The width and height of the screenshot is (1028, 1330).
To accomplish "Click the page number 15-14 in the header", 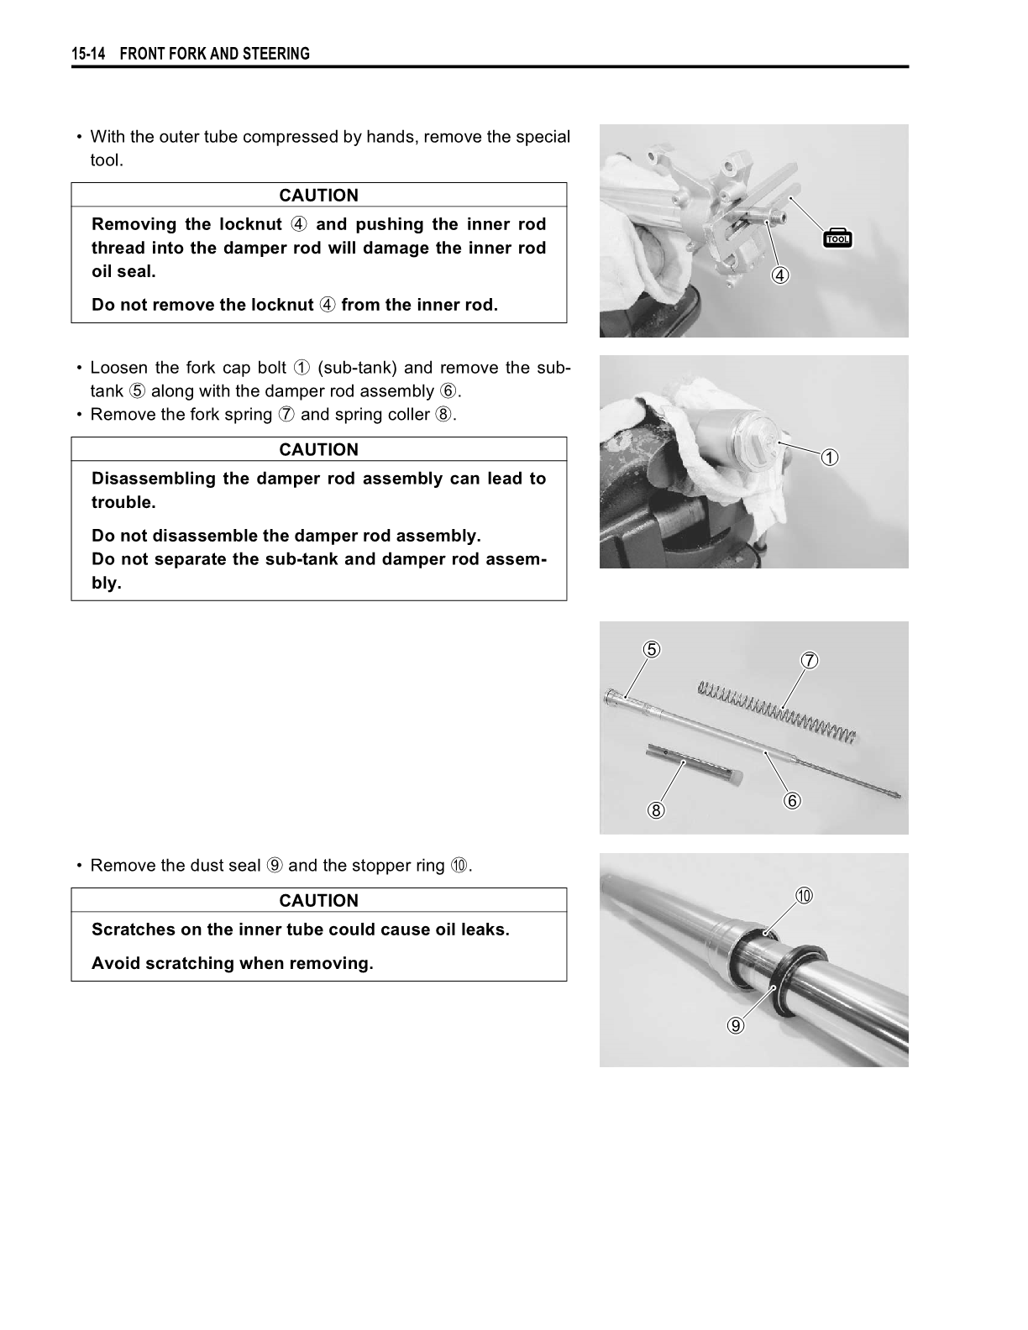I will pyautogui.click(x=88, y=55).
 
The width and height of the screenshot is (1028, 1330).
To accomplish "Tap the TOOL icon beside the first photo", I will pyautogui.click(x=838, y=238).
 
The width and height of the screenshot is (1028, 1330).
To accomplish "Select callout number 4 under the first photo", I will pyautogui.click(x=781, y=275).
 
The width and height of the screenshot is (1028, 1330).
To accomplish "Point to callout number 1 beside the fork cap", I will pyautogui.click(x=829, y=458).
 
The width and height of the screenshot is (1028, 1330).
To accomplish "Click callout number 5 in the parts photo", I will pyautogui.click(x=652, y=649).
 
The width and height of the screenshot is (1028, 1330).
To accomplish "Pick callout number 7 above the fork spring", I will pyautogui.click(x=809, y=661).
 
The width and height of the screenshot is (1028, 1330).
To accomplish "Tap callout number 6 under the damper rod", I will pyautogui.click(x=792, y=800).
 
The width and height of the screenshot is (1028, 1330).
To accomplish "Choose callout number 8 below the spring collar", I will pyautogui.click(x=656, y=810).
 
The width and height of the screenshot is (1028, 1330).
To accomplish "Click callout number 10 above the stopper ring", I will pyautogui.click(x=804, y=897).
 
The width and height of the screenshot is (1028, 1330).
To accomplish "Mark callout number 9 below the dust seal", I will pyautogui.click(x=736, y=1025).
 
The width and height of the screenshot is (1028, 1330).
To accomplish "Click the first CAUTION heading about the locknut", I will pyautogui.click(x=318, y=196).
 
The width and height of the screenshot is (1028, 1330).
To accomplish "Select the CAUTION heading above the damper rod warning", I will pyautogui.click(x=318, y=450).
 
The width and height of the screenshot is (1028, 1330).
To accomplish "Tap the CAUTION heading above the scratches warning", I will pyautogui.click(x=318, y=901).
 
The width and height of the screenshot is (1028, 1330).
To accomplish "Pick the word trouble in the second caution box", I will pyautogui.click(x=123, y=503).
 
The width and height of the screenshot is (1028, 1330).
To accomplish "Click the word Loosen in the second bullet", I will pyautogui.click(x=118, y=368).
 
